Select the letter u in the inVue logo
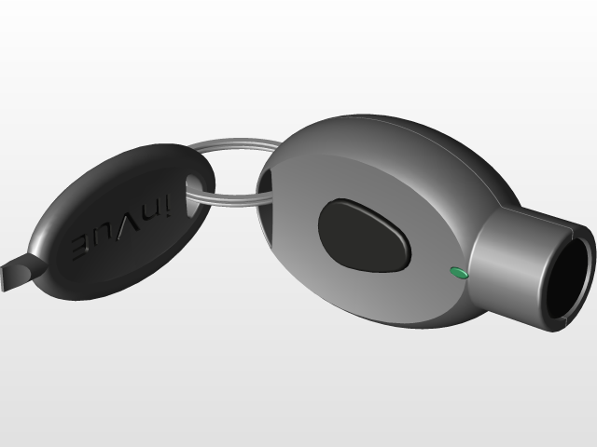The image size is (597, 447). [101, 238]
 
